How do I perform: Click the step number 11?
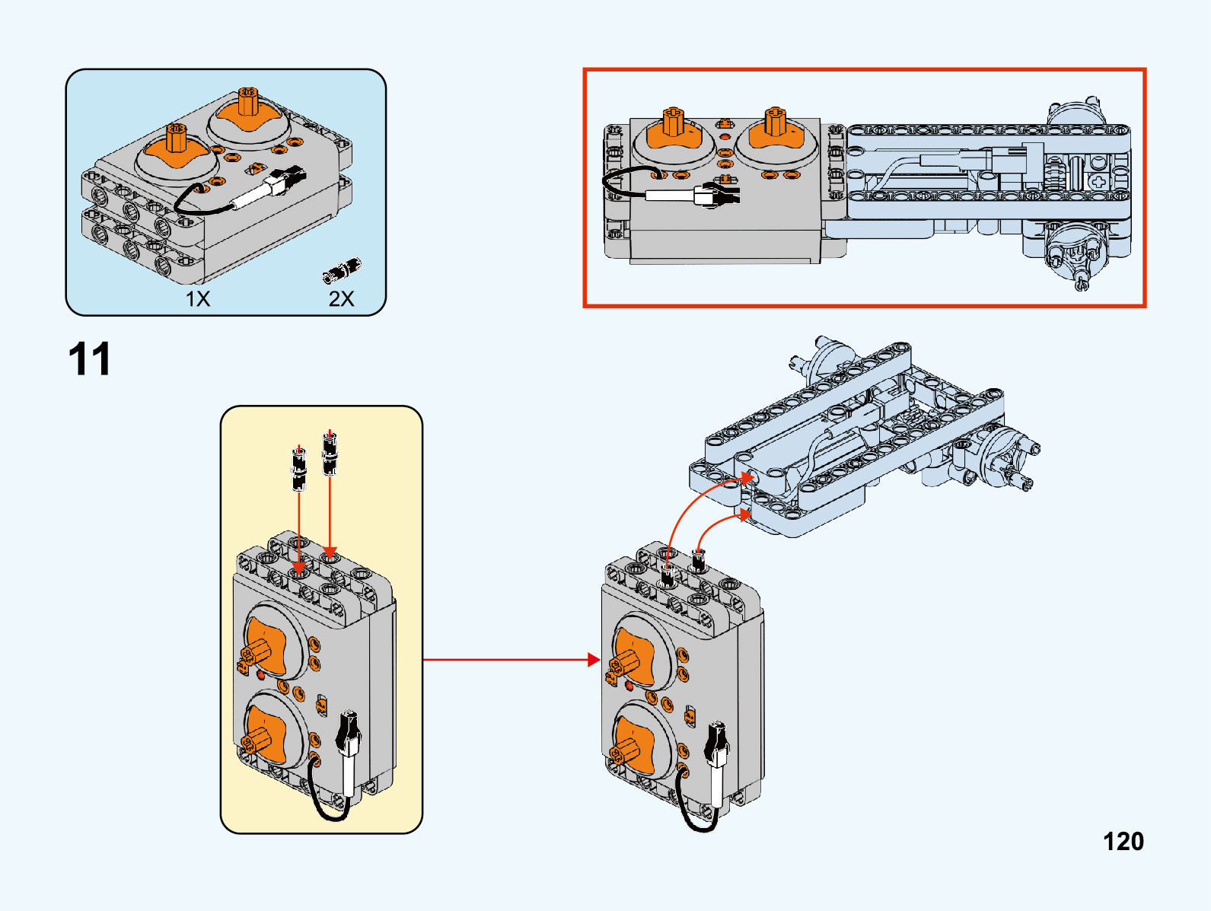pos(90,359)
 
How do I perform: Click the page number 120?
pos(1123,841)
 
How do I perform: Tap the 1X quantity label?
pos(198,298)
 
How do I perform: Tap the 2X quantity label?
pos(341,298)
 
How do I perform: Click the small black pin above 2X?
pos(342,271)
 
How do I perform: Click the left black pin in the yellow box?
pos(299,467)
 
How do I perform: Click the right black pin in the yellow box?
pos(330,454)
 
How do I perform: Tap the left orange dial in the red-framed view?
pos(674,134)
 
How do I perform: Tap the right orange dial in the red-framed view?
pos(776,132)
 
